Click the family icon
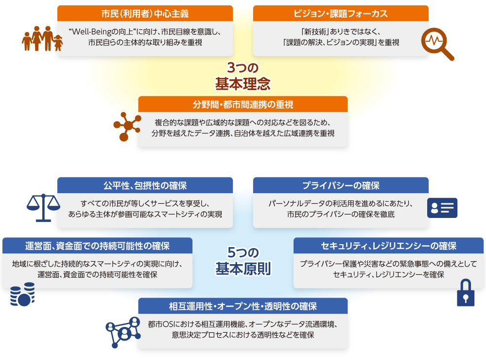[42, 38]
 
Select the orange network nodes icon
[127, 126]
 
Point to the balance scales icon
[43, 208]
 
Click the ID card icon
[442, 208]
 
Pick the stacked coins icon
[22, 294]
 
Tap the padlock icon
[466, 293]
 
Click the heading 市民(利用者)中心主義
[145, 14]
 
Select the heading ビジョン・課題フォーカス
[341, 14]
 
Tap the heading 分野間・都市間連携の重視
[243, 105]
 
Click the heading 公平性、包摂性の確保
[145, 185]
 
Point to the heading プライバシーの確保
[341, 185]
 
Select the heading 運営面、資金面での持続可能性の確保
[97, 246]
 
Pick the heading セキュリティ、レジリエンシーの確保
[389, 246]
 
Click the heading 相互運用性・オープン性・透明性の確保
[243, 306]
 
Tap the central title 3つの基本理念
[243, 76]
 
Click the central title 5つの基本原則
[243, 261]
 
